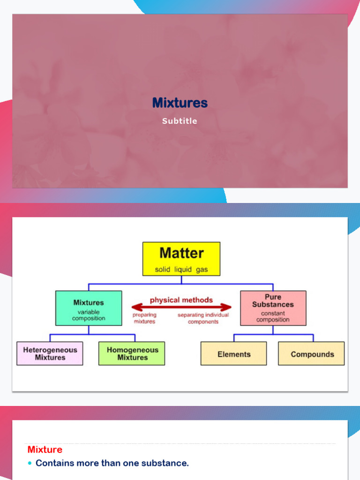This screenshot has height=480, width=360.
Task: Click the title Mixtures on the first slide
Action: (x=180, y=103)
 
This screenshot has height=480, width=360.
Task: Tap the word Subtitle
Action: (x=180, y=121)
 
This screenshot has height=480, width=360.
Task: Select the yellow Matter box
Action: (x=181, y=259)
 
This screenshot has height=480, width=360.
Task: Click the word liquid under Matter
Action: (x=183, y=270)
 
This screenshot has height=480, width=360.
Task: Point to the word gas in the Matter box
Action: (x=202, y=270)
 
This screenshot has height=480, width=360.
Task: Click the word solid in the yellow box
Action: (x=162, y=270)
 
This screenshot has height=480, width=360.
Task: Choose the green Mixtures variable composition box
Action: (x=89, y=308)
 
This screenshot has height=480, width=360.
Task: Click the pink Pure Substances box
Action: (x=273, y=308)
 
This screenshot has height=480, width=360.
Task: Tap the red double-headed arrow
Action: (x=181, y=307)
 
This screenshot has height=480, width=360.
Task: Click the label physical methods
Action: (x=181, y=300)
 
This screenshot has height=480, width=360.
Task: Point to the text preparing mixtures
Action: (x=144, y=318)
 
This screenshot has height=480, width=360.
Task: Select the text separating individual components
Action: (x=203, y=318)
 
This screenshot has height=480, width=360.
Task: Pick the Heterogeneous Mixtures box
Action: (x=50, y=353)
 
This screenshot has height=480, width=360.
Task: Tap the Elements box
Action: (x=233, y=353)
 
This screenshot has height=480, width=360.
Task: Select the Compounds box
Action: (x=311, y=353)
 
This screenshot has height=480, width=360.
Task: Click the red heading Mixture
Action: (x=45, y=450)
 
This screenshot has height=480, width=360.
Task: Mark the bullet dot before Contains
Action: (x=30, y=463)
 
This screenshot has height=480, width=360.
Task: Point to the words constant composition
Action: (x=273, y=316)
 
